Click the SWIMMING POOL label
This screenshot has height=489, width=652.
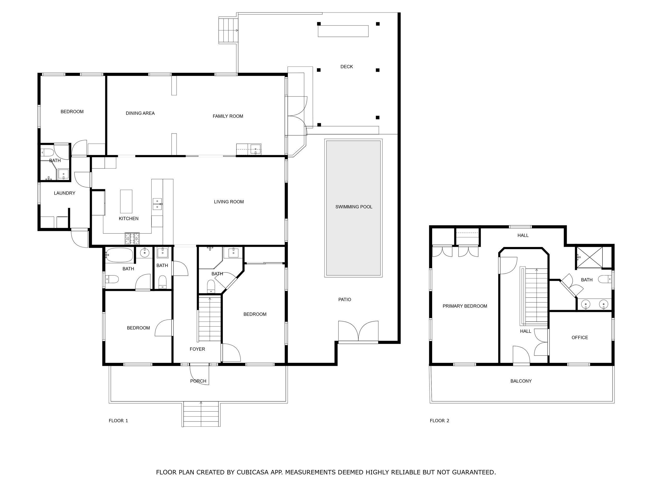tap(354, 207)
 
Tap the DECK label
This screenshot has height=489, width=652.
tap(346, 67)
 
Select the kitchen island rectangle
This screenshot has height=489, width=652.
tap(126, 201)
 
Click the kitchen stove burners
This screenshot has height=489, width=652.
tap(132, 238)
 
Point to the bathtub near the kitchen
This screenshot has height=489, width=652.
tap(119, 255)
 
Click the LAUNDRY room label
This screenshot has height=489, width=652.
tap(65, 193)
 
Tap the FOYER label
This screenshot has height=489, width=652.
tap(197, 349)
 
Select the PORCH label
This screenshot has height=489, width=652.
tap(198, 381)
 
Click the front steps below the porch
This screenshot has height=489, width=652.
tap(201, 414)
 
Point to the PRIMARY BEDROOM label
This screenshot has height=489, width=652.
tap(464, 306)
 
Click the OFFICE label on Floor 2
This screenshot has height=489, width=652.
tap(579, 337)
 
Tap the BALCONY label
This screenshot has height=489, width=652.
tap(521, 381)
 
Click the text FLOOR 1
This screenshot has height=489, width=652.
tap(118, 421)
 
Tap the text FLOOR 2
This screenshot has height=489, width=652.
tap(439, 421)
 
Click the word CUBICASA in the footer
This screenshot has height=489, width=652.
tap(252, 472)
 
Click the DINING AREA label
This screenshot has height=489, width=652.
tap(140, 113)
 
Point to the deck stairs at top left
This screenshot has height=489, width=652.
tap(228, 30)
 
